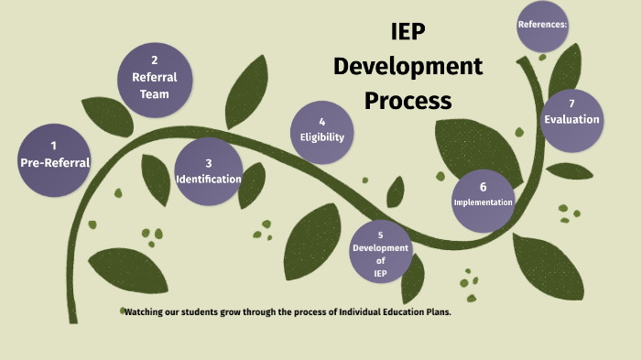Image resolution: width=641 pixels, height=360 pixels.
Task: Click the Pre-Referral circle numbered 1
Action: [55, 155]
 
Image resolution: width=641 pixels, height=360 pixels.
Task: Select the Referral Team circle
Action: [154, 79]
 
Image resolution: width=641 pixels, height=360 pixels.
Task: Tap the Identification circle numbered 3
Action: [209, 170]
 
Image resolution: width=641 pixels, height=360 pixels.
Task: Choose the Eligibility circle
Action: [322, 130]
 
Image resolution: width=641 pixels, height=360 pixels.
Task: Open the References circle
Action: [543, 24]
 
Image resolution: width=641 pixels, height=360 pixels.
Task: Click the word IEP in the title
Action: [407, 36]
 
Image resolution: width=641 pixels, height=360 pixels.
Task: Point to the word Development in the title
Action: [407, 67]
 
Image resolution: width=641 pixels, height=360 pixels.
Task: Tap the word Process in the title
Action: [407, 99]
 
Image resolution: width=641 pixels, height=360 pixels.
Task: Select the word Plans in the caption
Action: [437, 312]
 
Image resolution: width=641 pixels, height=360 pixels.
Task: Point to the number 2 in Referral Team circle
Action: [154, 60]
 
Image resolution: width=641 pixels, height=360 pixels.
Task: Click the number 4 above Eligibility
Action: [322, 121]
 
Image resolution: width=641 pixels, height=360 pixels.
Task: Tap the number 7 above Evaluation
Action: [571, 104]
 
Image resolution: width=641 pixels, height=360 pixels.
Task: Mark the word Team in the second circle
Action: [154, 94]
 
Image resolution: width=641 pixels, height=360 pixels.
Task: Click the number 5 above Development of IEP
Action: [380, 235]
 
